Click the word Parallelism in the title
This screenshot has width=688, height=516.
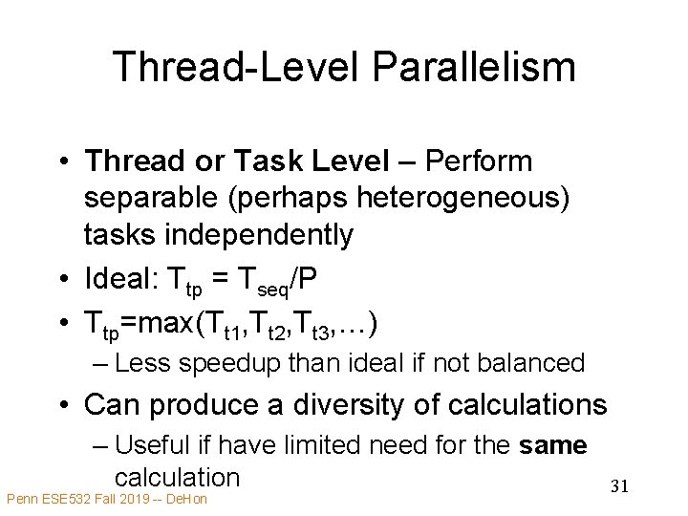pyautogui.click(x=475, y=67)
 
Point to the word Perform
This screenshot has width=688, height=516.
pyautogui.click(x=492, y=161)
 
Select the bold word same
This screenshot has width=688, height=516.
pyautogui.click(x=552, y=445)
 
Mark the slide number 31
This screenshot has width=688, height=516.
pyautogui.click(x=619, y=487)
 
